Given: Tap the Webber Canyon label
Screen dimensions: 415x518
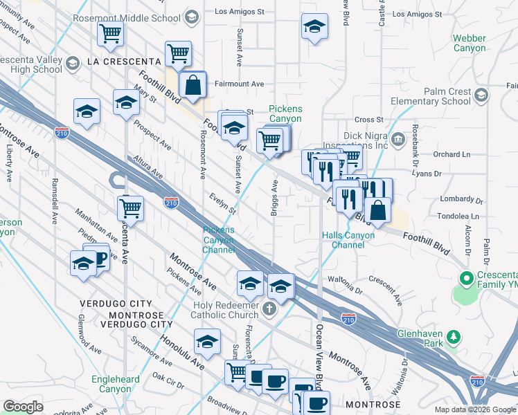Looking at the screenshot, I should click(469, 43).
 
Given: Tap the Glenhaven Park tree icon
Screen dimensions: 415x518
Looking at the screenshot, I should click(454, 337).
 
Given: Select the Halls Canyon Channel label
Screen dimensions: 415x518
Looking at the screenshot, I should click(348, 240).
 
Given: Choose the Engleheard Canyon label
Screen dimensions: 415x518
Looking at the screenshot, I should click(115, 384).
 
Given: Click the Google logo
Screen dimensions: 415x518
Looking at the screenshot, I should click(23, 407).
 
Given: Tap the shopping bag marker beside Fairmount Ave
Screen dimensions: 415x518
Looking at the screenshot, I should click(194, 85).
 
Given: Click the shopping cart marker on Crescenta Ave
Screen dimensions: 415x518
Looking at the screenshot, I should click(129, 207).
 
